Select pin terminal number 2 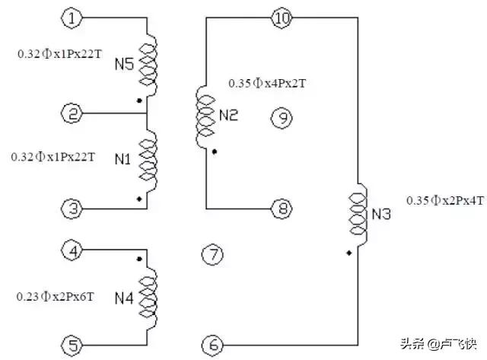pyautogui.click(x=71, y=114)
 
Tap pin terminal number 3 pyautogui.click(x=71, y=208)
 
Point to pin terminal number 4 pyautogui.click(x=71, y=250)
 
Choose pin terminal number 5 pyautogui.click(x=71, y=346)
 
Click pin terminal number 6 pyautogui.click(x=214, y=346)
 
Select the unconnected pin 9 pyautogui.click(x=281, y=117)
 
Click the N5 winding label pyautogui.click(x=124, y=66)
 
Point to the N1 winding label pyautogui.click(x=123, y=159)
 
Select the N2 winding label pyautogui.click(x=228, y=115)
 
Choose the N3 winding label pyautogui.click(x=381, y=215)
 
